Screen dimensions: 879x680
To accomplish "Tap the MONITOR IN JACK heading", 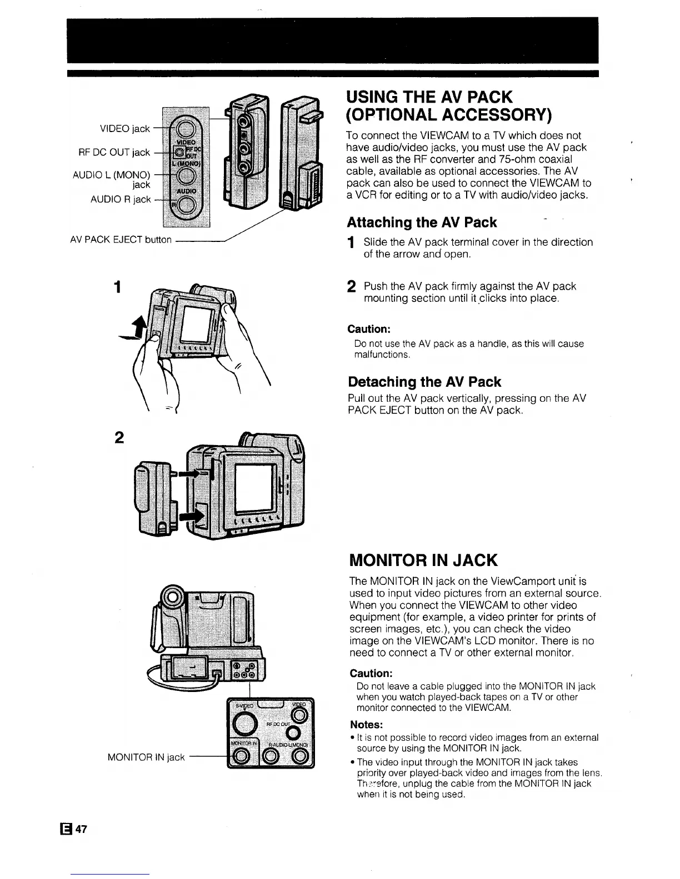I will pos(423,560).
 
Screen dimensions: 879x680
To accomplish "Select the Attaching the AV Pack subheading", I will pos(422,223).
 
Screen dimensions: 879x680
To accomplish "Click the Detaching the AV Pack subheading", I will pos(424,382).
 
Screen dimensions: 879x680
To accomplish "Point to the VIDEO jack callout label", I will pos(124,129).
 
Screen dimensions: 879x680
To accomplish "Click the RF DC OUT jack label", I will pos(114,152).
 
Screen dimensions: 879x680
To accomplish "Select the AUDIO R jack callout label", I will pos(121,199).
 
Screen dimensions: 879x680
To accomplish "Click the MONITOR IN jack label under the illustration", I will pos(146,757).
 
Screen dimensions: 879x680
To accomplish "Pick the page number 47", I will pos(82,829).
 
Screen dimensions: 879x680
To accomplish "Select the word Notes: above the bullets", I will pos(366,725).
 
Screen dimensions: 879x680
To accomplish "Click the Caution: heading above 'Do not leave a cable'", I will pos(371,673).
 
